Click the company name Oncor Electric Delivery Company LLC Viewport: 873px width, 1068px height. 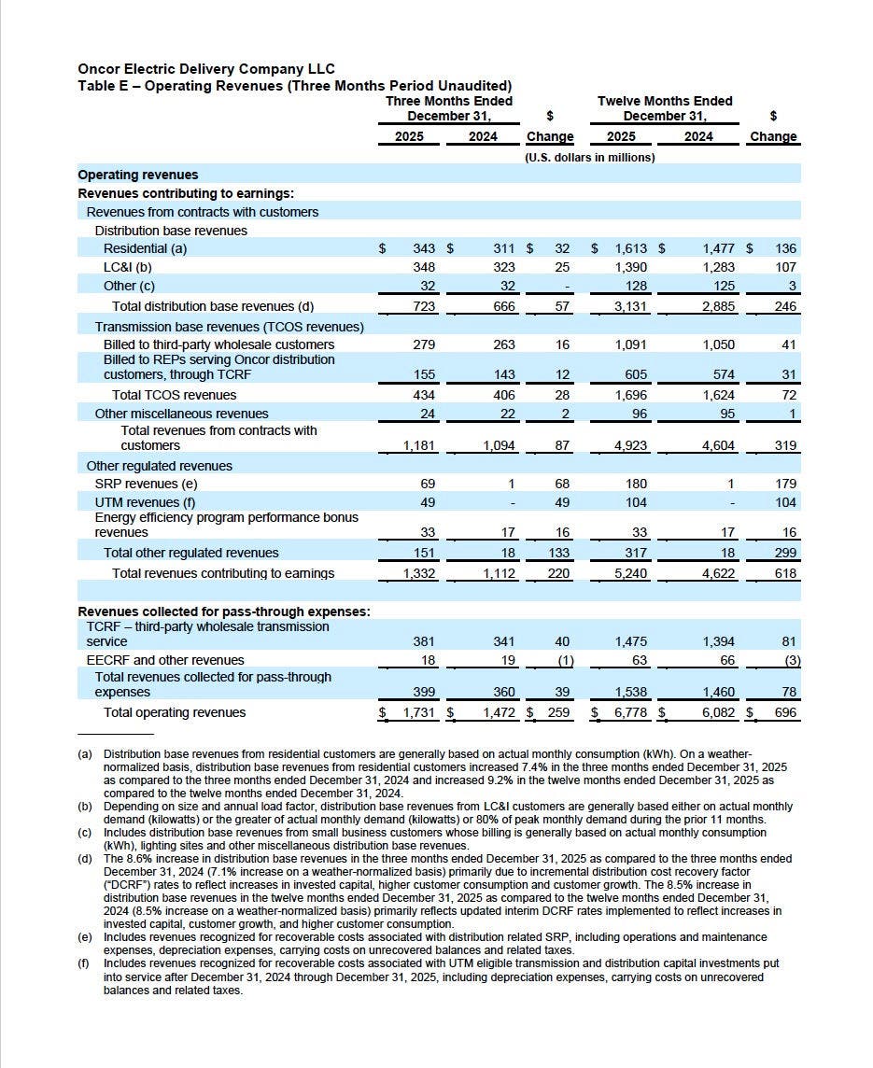pos(206,69)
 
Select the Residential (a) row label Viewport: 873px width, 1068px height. pos(145,249)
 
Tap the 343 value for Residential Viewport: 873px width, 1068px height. pos(423,249)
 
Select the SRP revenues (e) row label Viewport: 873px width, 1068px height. pos(146,484)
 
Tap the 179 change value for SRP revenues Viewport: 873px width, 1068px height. pos(785,484)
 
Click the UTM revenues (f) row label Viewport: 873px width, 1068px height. pos(145,502)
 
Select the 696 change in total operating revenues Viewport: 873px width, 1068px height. pos(785,712)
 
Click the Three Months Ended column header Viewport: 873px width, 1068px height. pos(448,101)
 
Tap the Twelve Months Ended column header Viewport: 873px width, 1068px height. pos(665,101)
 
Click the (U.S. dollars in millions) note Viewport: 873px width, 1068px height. pos(589,157)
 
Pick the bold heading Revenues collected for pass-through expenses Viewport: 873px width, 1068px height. pos(224,611)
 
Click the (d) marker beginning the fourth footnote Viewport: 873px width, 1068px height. pos(85,858)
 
